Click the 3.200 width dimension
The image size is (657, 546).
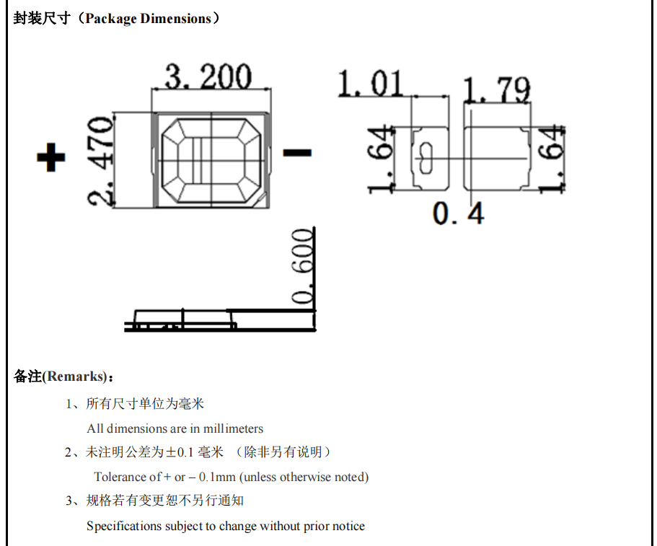pyautogui.click(x=208, y=76)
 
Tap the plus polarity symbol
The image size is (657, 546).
pyautogui.click(x=51, y=157)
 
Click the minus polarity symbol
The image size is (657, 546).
pyautogui.click(x=297, y=153)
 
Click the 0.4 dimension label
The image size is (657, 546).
pyautogui.click(x=458, y=213)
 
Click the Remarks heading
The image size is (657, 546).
pyautogui.click(x=74, y=377)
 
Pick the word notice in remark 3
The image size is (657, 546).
pyautogui.click(x=348, y=526)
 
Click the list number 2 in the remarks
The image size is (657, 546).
pyautogui.click(x=69, y=452)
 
